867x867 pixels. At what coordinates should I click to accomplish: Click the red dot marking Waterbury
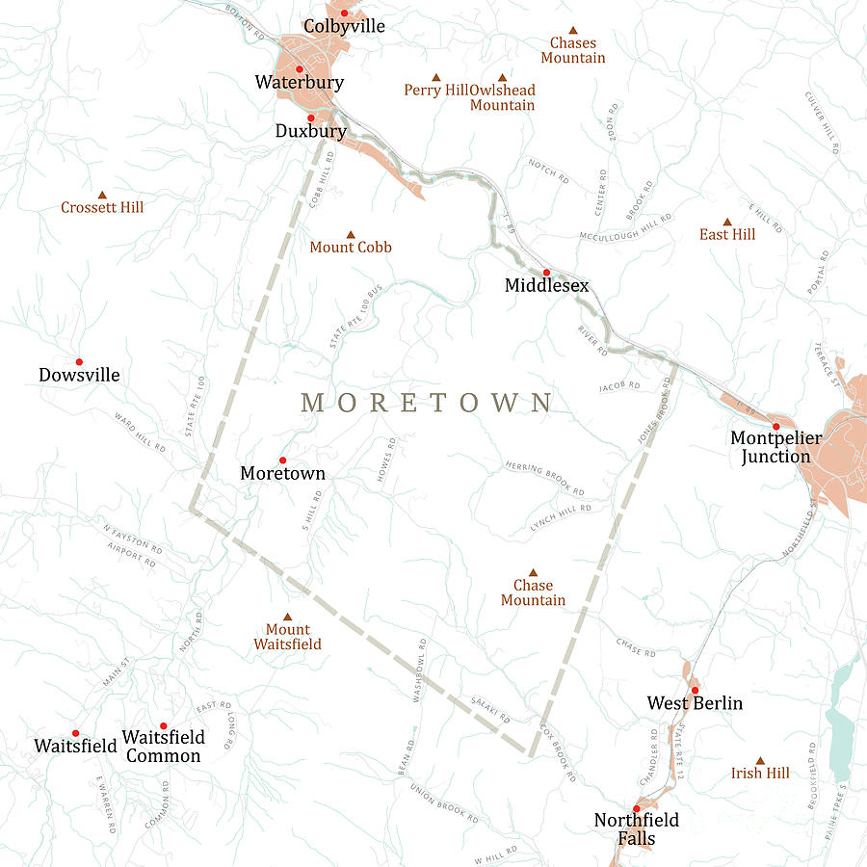pos(299,68)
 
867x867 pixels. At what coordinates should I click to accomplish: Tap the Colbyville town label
pos(344,26)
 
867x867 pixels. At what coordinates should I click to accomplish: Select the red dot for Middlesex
pos(546,273)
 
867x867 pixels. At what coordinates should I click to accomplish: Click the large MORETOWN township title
pos(427,403)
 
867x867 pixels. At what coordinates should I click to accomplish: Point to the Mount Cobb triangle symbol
pos(351,234)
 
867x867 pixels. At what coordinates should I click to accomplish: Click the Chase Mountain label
pos(533,592)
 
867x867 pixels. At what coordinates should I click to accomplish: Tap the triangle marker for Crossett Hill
pos(102,195)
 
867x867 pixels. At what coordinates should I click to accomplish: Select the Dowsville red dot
pos(79,362)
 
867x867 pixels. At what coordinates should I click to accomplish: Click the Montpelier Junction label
pos(776,447)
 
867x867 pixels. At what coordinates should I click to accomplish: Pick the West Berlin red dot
pos(695,690)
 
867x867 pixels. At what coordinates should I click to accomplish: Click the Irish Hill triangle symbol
pos(760,760)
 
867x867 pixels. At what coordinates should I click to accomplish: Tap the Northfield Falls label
pos(636,828)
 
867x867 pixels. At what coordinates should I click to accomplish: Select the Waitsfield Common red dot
pos(164,725)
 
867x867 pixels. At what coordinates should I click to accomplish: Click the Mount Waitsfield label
pos(287,637)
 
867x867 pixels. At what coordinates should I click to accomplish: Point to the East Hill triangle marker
pos(727,222)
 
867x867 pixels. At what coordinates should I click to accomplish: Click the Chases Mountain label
pos(573,50)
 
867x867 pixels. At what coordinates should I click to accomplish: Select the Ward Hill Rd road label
pos(140,433)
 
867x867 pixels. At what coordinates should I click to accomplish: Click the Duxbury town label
pos(310,131)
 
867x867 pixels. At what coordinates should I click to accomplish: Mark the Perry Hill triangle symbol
pos(435,77)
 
